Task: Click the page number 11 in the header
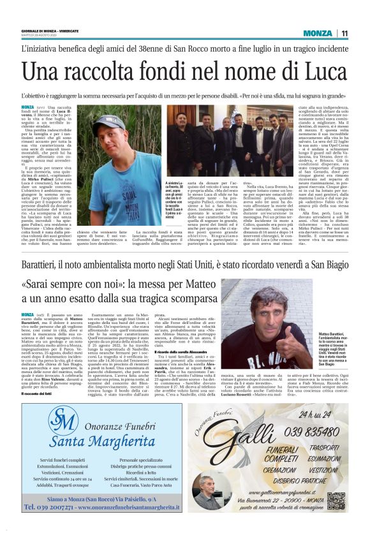(345, 33)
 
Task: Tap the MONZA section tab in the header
(318, 33)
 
